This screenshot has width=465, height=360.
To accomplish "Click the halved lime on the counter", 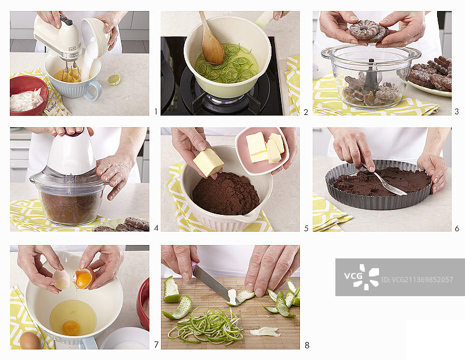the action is click(114, 80).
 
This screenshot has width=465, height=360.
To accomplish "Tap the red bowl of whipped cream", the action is click(28, 95).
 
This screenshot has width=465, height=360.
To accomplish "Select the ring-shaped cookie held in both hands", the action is click(369, 31).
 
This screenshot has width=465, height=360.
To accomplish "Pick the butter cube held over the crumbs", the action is click(209, 162).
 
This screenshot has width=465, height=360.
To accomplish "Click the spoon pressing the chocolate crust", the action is click(386, 181).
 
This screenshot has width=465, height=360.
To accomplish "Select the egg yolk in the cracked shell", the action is click(83, 279).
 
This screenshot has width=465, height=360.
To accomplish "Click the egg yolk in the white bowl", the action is click(71, 327).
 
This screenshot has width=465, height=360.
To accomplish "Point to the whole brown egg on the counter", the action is click(30, 340).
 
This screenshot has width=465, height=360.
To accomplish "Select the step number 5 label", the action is click(306, 228).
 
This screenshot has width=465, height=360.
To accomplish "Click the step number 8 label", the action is click(307, 345).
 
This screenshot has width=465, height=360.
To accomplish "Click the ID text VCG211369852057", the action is click(417, 280).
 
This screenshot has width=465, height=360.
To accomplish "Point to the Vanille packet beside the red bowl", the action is click(56, 108).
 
